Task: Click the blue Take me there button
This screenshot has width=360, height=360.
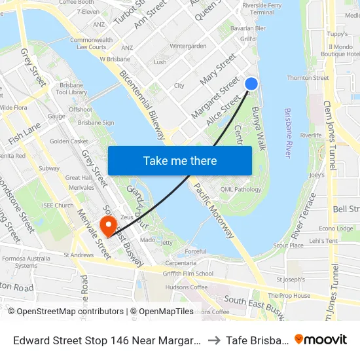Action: point(180,160)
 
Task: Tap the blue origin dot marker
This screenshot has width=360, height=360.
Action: point(251,84)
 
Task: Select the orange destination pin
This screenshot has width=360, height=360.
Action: point(107,226)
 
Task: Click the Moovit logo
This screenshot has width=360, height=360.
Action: point(320,340)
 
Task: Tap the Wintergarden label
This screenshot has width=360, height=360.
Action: point(188,46)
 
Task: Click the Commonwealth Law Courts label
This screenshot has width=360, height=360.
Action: point(91,43)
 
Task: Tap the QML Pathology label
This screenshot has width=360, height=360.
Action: point(241,189)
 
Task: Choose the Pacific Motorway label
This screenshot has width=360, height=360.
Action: point(213,210)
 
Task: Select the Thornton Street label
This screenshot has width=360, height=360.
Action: point(308,78)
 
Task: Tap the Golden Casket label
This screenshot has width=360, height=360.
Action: point(69,141)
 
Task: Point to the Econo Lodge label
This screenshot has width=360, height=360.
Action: point(335,228)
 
